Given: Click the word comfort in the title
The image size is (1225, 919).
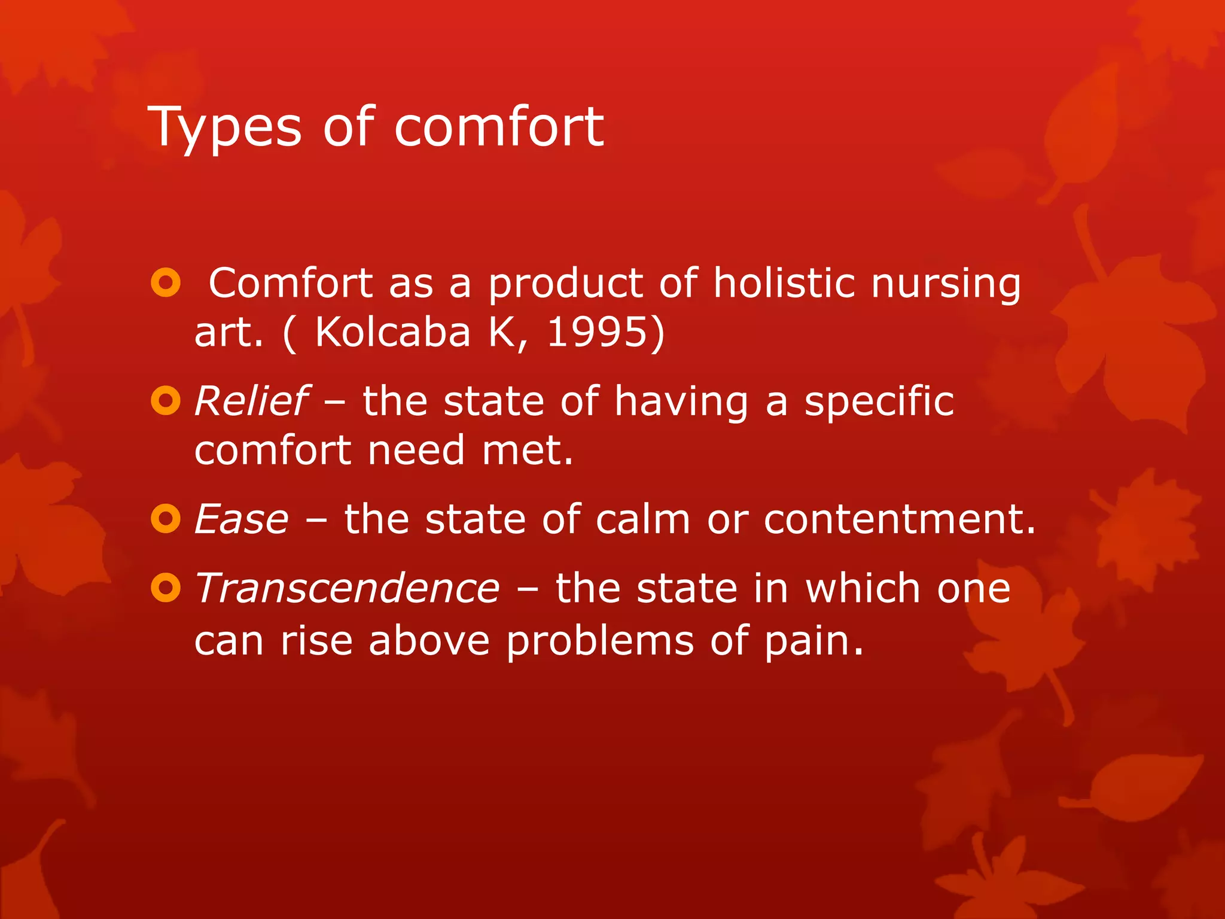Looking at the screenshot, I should pyautogui.click(x=498, y=126).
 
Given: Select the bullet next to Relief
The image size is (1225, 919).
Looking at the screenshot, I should pyautogui.click(x=166, y=401).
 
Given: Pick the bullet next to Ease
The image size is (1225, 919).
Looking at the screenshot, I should pyautogui.click(x=166, y=519).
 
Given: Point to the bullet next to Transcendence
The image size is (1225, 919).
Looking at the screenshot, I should pyautogui.click(x=166, y=588).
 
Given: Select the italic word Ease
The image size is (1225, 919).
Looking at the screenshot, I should pyautogui.click(x=242, y=519).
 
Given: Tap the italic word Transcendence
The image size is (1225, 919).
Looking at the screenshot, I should pyautogui.click(x=347, y=588).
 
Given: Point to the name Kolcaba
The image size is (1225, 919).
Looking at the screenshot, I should pyautogui.click(x=392, y=331).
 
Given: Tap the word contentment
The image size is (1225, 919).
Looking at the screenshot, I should pyautogui.click(x=899, y=519).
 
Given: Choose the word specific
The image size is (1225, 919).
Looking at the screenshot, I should pyautogui.click(x=879, y=402).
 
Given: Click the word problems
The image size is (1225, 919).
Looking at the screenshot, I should pyautogui.click(x=600, y=641).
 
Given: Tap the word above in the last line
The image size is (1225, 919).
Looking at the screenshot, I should pyautogui.click(x=429, y=640).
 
